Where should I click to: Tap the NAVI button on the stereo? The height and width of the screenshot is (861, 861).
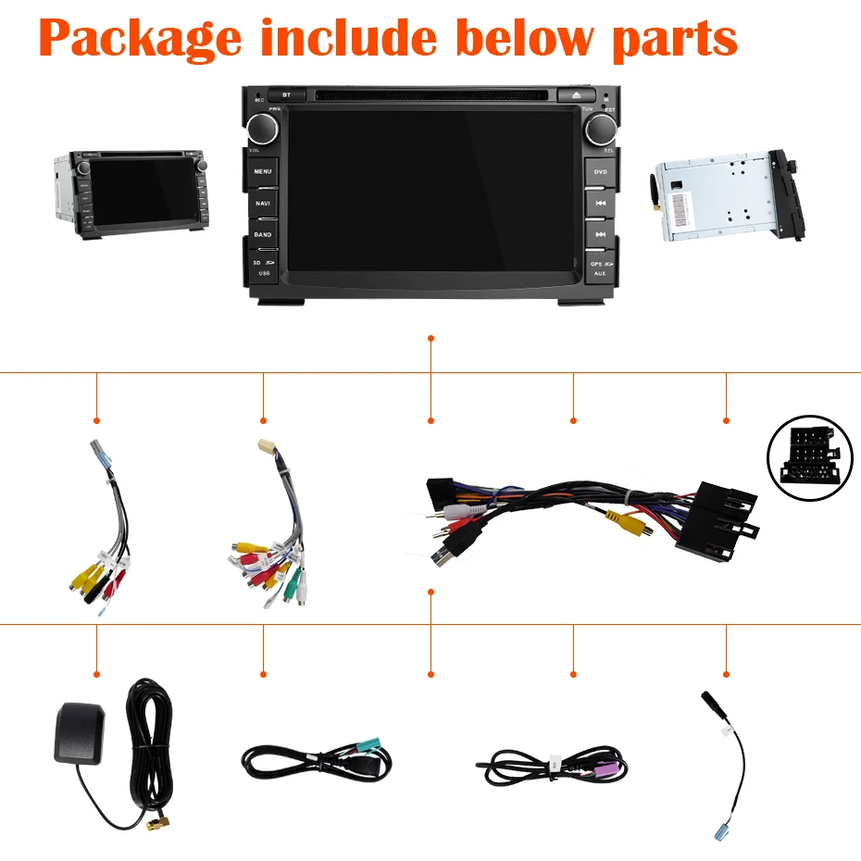pos(263,203)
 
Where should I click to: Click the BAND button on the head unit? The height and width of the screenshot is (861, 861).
pos(263,234)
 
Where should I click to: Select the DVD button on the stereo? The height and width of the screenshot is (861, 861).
pos(600,172)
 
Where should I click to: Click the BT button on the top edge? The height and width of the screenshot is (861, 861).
pos(286,94)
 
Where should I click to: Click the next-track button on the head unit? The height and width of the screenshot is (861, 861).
pos(600,234)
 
